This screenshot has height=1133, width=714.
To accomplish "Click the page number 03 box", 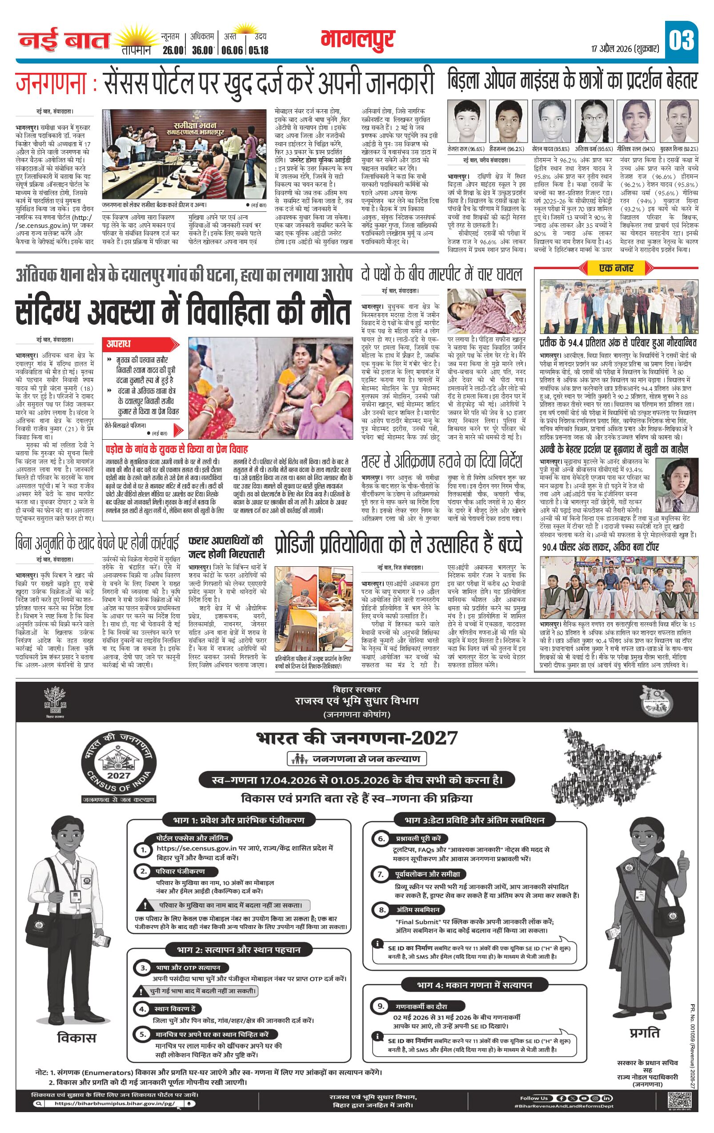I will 681,40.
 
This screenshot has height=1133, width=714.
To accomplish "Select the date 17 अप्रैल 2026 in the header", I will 626,48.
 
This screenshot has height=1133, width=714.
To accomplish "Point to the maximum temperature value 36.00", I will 203,50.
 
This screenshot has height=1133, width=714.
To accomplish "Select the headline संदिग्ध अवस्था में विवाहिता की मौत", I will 183,311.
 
